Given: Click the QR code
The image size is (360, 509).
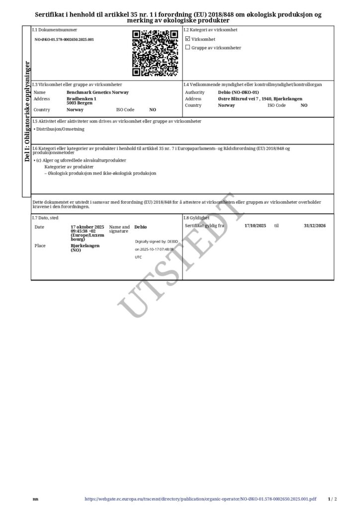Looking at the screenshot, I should pyautogui.click(x=155, y=53).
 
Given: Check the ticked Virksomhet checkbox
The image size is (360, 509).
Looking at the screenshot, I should pyautogui.click(x=187, y=38).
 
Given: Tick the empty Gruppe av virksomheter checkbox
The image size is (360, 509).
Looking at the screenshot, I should pyautogui.click(x=187, y=48).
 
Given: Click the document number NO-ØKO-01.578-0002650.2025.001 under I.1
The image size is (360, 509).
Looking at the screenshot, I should pyautogui.click(x=64, y=39).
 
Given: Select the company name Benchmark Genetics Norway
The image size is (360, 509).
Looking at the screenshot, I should pyautogui.click(x=97, y=92).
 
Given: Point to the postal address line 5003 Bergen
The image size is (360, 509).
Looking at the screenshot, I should pyautogui.click(x=81, y=103).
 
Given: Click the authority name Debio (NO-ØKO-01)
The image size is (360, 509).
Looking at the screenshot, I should pyautogui.click(x=238, y=92).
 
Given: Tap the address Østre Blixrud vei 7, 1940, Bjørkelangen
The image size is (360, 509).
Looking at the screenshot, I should pyautogui.click(x=260, y=99).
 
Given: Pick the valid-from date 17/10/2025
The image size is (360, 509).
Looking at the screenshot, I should pyautogui.click(x=256, y=226).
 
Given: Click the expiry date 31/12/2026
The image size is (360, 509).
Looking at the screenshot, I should pyautogui.click(x=314, y=226).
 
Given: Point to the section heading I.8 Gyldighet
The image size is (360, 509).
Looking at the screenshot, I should pyautogui.click(x=196, y=218).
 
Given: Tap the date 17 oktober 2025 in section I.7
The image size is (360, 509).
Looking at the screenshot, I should pyautogui.click(x=88, y=227).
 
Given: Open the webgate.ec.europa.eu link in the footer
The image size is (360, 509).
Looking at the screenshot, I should pyautogui.click(x=200, y=499).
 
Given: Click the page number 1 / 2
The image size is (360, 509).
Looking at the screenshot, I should pyautogui.click(x=333, y=499).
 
